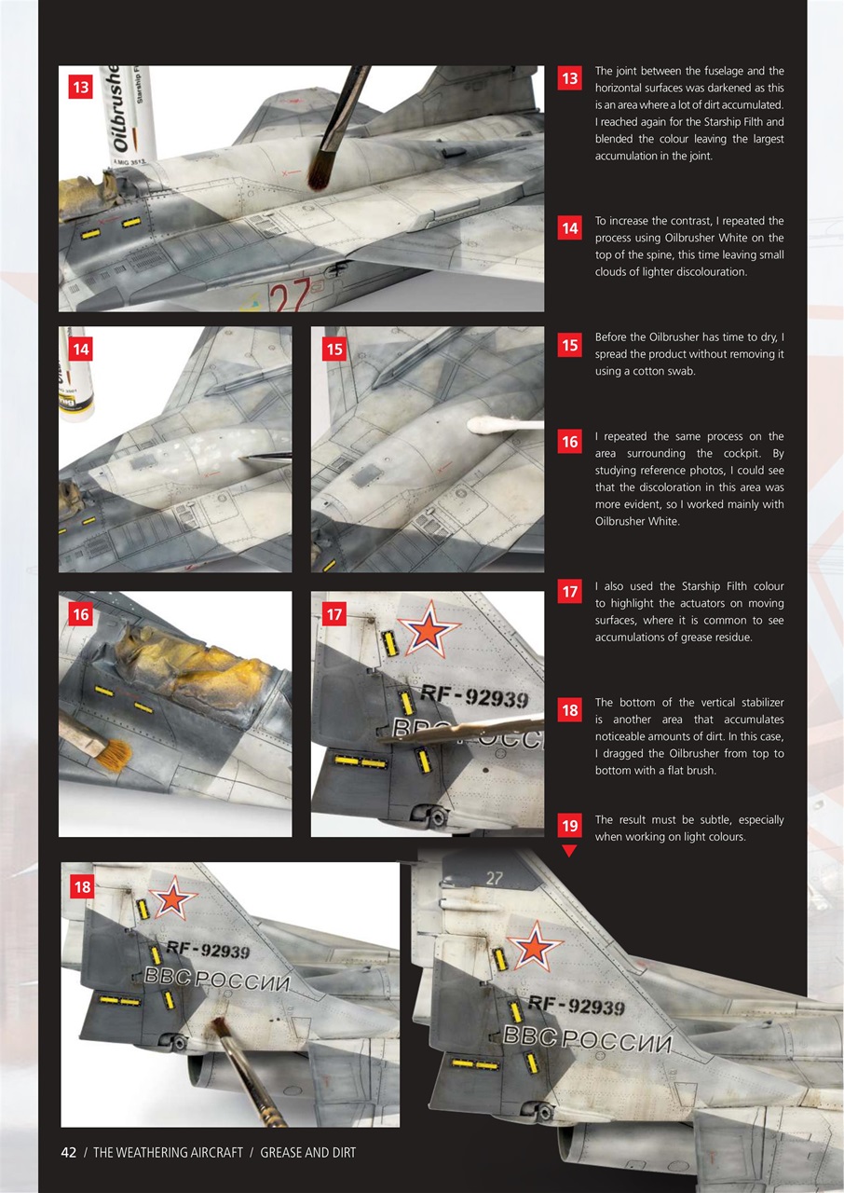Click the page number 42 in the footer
click(68, 1153)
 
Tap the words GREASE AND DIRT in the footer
click(307, 1153)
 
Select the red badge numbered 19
click(569, 825)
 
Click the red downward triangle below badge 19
click(569, 850)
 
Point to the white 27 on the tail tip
click(494, 877)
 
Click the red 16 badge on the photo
click(81, 615)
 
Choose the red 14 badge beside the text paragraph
click(569, 228)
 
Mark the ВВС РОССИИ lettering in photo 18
click(218, 980)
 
